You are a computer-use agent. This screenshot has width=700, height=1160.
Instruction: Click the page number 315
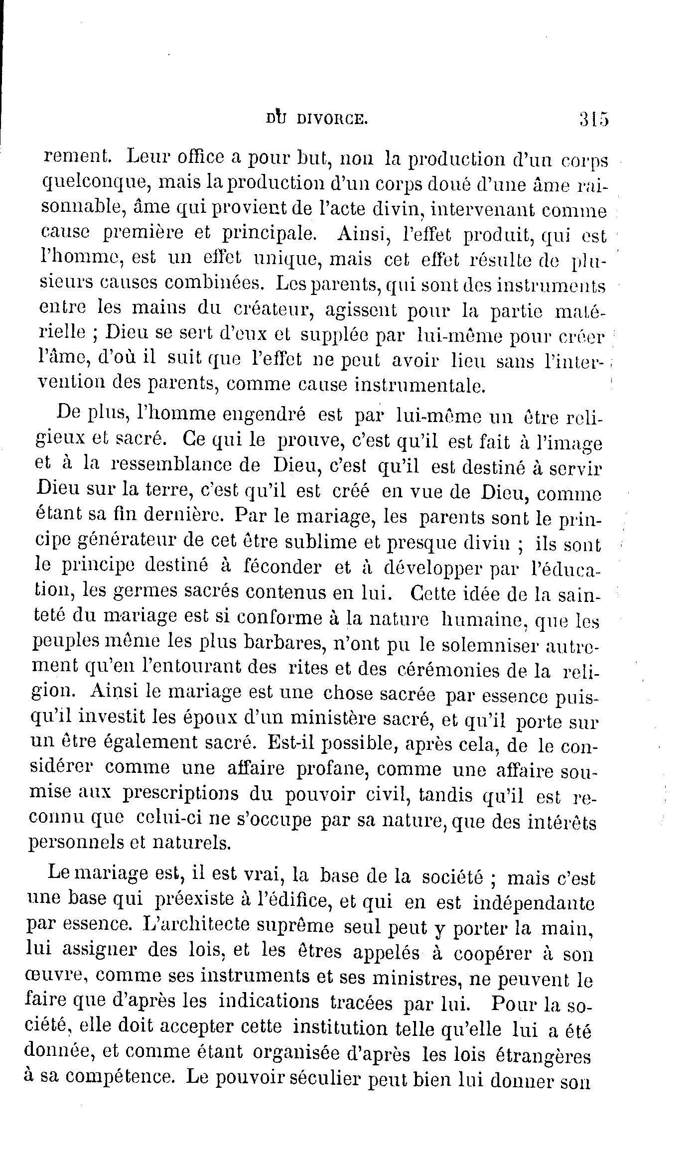[594, 120]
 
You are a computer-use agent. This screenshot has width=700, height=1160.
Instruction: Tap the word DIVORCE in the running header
[331, 120]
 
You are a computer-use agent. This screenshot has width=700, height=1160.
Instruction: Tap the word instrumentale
[409, 385]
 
